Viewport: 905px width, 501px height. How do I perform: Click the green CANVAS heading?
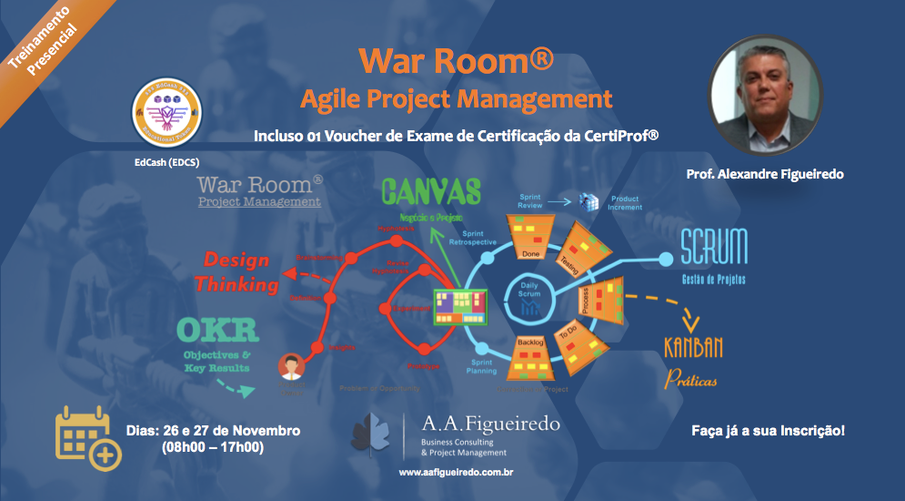[432, 193]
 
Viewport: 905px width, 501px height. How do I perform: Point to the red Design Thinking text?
[236, 271]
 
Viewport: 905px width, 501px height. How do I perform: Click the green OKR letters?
[217, 332]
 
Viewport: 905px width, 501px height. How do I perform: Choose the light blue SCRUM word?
[714, 247]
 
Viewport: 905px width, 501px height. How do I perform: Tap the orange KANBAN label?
[694, 347]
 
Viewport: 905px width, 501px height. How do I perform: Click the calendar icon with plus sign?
[86, 437]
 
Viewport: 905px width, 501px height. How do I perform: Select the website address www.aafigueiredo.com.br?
[452, 474]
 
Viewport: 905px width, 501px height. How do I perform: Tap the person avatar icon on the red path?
[290, 366]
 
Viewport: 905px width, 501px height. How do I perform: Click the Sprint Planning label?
[481, 366]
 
